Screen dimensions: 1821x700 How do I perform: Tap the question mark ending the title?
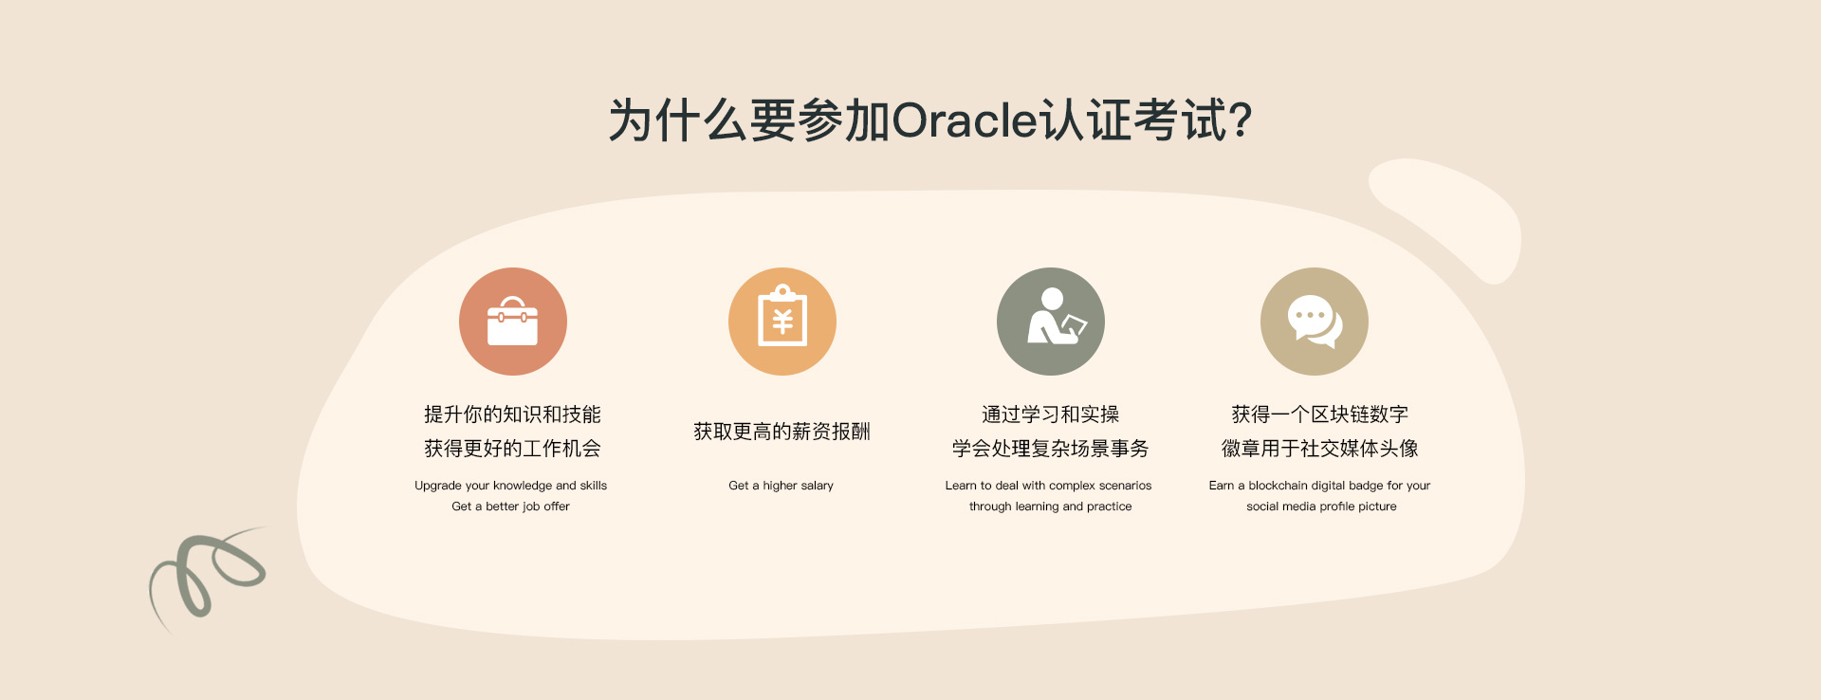[x=1240, y=120]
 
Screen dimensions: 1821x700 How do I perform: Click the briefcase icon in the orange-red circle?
[x=512, y=322]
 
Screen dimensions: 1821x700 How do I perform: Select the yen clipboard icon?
[x=782, y=316]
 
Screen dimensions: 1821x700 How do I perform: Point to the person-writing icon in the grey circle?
[x=1057, y=317]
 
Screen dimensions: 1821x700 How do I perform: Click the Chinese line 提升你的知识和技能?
[x=512, y=414]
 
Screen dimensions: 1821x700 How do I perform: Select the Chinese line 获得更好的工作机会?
[x=512, y=449]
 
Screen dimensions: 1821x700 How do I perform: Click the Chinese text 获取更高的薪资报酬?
[x=782, y=432]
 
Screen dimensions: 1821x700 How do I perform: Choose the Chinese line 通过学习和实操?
[x=1051, y=414]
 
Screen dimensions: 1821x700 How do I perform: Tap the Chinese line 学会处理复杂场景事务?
[x=1051, y=449]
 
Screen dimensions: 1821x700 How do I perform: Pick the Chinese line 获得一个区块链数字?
[x=1320, y=414]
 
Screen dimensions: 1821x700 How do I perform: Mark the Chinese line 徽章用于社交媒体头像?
[x=1320, y=449]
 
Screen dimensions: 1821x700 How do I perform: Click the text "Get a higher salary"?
[x=782, y=486]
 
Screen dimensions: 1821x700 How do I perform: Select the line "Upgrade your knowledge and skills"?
[x=511, y=486]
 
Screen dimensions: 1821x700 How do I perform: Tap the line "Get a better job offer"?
[x=511, y=507]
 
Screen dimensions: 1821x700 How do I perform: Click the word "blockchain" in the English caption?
[x=1278, y=486]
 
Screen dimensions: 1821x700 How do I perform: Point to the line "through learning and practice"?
[x=1051, y=507]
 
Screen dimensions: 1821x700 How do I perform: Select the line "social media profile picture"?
[x=1321, y=507]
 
